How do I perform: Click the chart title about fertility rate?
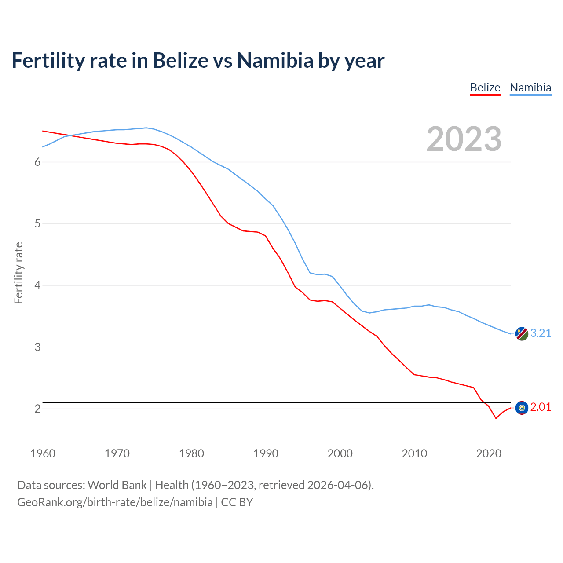[198, 60]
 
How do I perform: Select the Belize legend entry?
[485, 88]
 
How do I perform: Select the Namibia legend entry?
[530, 88]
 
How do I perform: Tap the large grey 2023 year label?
[464, 139]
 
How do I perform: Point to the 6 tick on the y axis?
[37, 162]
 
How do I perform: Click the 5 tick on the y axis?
[37, 223]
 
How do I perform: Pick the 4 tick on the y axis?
[37, 285]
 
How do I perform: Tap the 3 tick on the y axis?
[37, 347]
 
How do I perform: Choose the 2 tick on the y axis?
[37, 409]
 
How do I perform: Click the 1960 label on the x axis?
[43, 453]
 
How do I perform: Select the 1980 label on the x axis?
[191, 453]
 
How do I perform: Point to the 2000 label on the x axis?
[340, 453]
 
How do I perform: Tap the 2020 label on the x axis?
[489, 453]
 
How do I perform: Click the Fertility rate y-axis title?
[18, 273]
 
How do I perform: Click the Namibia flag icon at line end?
[521, 334]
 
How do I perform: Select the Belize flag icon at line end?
[521, 408]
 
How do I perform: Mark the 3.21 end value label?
[541, 333]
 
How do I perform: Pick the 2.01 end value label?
[541, 407]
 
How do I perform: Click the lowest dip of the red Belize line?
[496, 418]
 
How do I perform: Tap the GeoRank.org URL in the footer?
[115, 502]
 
